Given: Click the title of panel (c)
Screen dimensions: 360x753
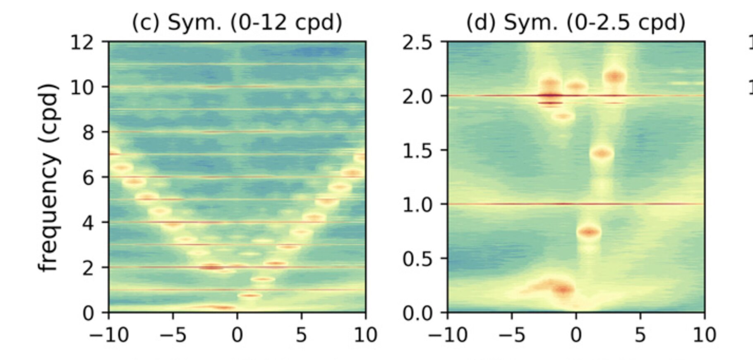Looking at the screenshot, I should pyautogui.click(x=237, y=22).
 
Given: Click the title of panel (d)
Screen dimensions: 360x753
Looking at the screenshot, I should pyautogui.click(x=576, y=22).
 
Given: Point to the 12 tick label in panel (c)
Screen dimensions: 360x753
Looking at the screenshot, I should pyautogui.click(x=83, y=42).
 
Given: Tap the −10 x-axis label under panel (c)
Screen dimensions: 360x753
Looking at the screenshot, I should pyautogui.click(x=108, y=334).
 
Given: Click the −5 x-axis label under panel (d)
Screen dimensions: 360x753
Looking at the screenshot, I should pyautogui.click(x=511, y=334).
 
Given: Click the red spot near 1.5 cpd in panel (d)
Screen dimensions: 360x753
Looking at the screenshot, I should pyautogui.click(x=602, y=154).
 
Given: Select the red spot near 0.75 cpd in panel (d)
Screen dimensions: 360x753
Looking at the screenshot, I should pyautogui.click(x=589, y=232).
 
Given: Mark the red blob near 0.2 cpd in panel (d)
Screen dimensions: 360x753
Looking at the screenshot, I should pyautogui.click(x=562, y=288).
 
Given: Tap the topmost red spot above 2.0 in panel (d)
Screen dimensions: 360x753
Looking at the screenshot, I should pyautogui.click(x=615, y=76).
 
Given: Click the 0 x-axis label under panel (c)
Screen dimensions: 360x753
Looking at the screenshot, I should pyautogui.click(x=237, y=334).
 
